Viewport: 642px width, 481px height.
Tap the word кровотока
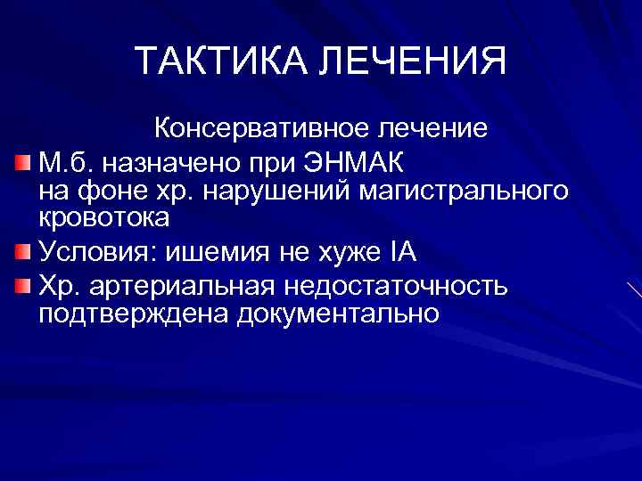click(104, 216)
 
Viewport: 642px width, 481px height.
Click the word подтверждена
click(133, 314)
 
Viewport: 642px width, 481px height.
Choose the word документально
click(338, 314)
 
